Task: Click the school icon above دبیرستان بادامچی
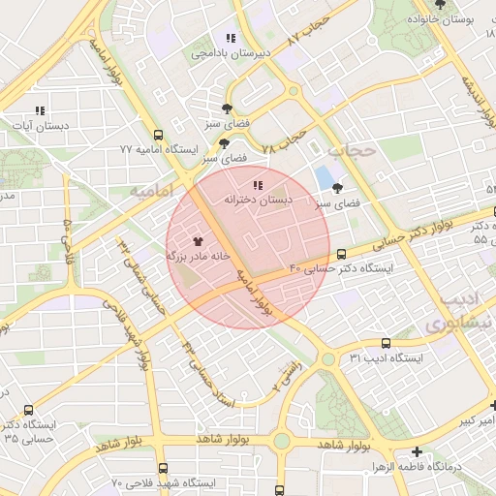point(231,39)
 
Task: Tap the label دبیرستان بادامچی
point(225,54)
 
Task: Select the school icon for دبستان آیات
point(39,111)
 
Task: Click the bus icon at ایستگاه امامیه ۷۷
point(159,136)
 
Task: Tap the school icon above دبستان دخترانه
point(257,184)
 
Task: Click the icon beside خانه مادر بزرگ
point(198,240)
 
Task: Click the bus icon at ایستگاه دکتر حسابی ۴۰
point(341,255)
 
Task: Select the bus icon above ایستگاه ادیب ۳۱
point(386,343)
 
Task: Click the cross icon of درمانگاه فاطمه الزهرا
point(417,451)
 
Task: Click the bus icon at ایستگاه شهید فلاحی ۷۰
point(162,468)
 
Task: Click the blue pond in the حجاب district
point(323,178)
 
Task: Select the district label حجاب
point(350,151)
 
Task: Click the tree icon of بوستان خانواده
point(440,5)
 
